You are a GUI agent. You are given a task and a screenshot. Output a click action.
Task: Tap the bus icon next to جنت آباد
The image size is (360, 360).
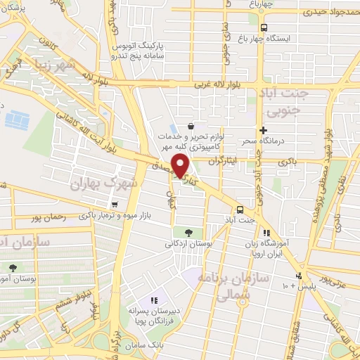pos(240,210)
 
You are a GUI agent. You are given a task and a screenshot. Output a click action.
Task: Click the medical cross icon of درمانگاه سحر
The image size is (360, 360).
pos(263,130)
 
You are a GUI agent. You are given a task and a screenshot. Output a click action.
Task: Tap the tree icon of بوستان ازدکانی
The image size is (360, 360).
pos(187,233)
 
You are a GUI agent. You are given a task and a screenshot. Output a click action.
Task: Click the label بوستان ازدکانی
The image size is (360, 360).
pos(187,244)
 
